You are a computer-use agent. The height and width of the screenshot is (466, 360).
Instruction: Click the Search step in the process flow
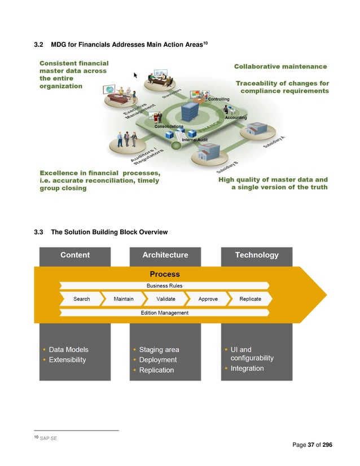[82, 299]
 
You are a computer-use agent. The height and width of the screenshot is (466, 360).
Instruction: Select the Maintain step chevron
[124, 299]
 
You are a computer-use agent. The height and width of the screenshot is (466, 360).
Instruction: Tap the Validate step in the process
[166, 299]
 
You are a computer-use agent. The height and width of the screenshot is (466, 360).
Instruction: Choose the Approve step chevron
[208, 299]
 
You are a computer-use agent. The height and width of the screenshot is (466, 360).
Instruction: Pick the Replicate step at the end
[250, 299]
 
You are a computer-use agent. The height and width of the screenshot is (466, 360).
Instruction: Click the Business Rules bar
[165, 286]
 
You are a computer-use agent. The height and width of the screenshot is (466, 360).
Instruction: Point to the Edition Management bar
[165, 313]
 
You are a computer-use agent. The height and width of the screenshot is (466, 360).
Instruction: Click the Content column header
[75, 255]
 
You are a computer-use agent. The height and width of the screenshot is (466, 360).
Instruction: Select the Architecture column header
[165, 255]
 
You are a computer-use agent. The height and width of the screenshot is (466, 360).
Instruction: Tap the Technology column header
[257, 255]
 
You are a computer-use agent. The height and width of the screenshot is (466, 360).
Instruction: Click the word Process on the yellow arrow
[165, 274]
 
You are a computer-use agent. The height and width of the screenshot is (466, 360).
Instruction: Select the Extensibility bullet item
[68, 360]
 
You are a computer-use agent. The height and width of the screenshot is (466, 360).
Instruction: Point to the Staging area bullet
[159, 350]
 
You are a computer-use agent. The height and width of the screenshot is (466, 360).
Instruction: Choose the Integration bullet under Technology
[247, 368]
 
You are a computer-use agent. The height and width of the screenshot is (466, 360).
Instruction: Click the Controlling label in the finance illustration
[219, 99]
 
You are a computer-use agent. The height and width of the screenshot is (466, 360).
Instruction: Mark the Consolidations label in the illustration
[169, 126]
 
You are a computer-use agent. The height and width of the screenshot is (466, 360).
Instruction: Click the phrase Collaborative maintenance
[280, 67]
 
